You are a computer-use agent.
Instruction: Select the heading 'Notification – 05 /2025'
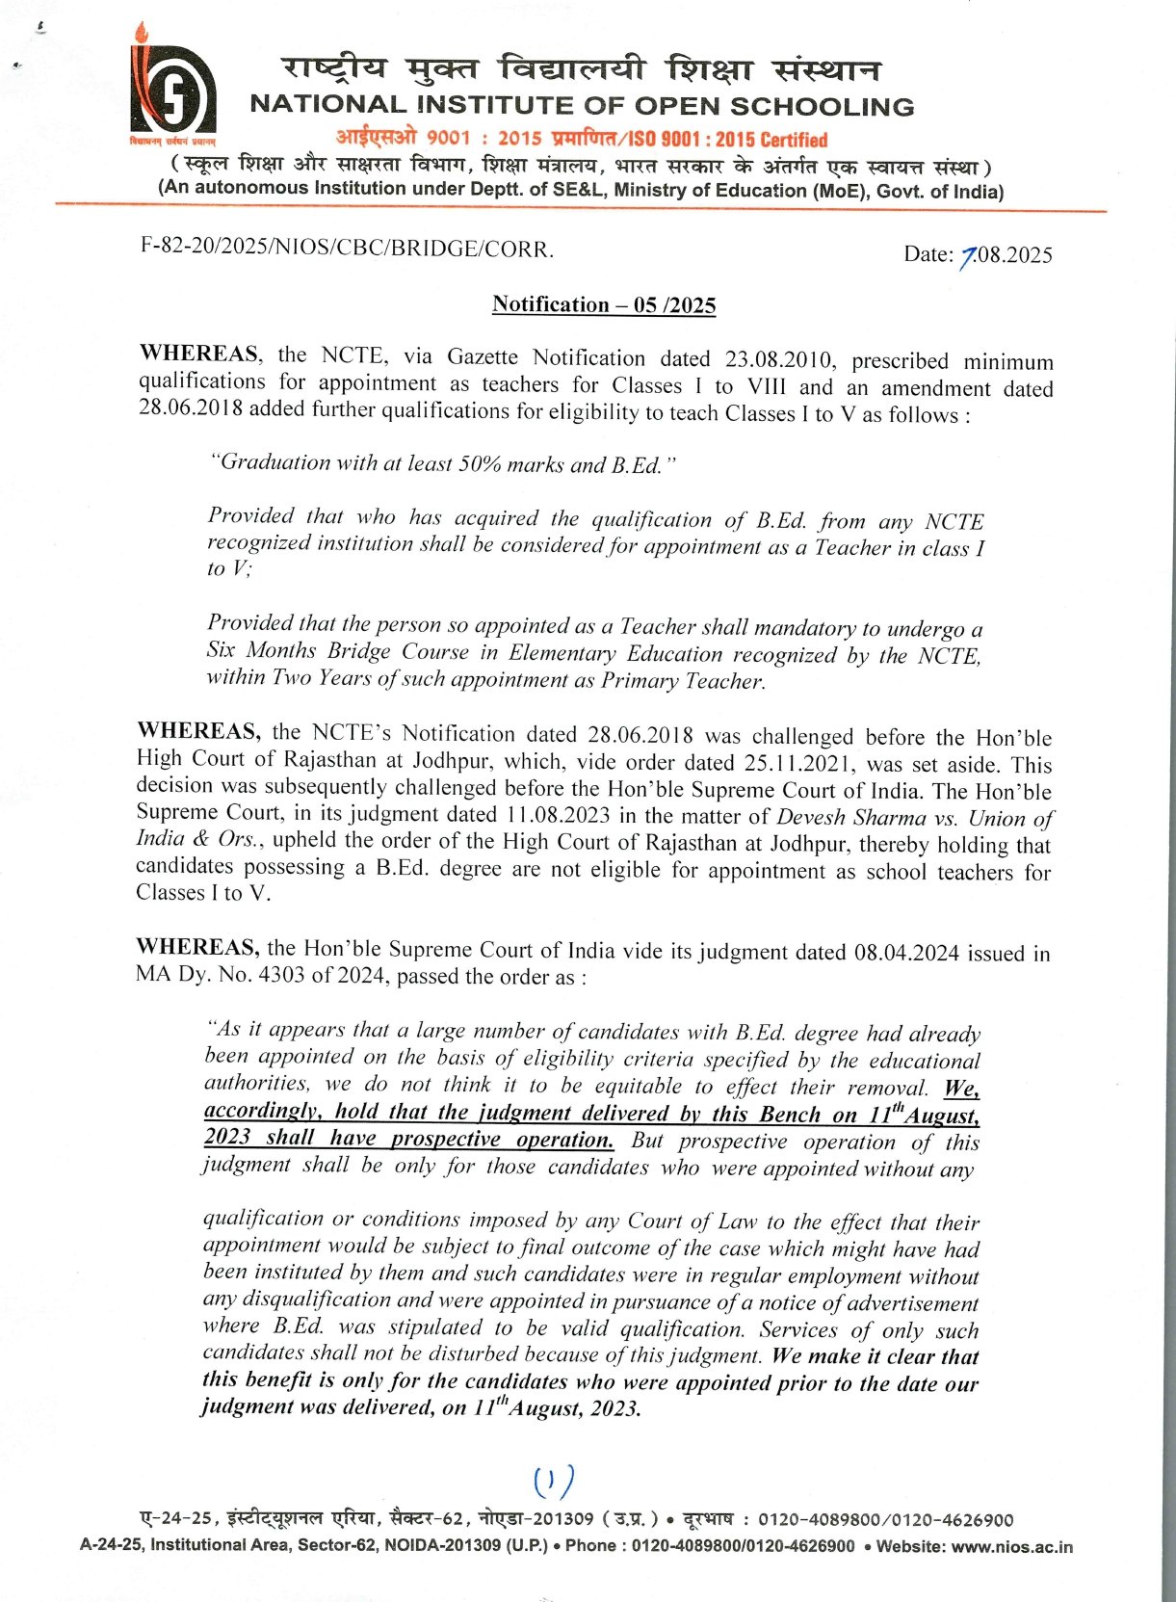604,305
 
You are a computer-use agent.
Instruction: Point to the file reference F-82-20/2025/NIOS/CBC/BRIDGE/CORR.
347,248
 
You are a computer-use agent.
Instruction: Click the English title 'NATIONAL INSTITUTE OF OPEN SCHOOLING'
582,106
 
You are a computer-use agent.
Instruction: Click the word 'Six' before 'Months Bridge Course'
221,650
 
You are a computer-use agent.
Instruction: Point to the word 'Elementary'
562,653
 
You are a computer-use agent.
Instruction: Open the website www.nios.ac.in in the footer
1011,1547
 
